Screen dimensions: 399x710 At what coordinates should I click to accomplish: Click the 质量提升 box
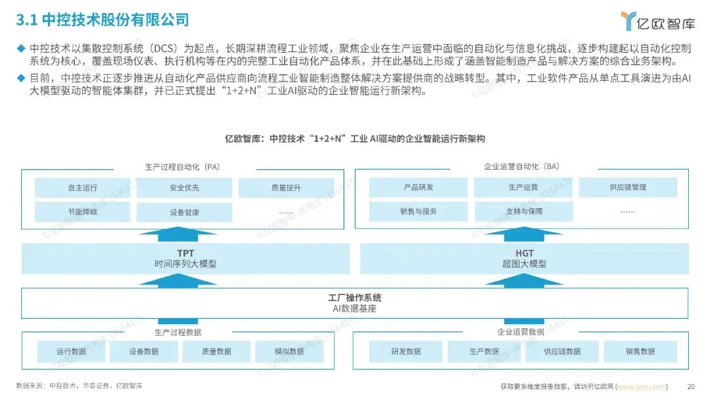(286, 187)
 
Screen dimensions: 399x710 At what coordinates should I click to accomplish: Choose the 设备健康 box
(183, 212)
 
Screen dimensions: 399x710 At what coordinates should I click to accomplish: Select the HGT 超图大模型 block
(524, 258)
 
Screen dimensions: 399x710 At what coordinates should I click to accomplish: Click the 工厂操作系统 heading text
(354, 298)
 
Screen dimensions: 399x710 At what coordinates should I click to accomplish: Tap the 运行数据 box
(71, 351)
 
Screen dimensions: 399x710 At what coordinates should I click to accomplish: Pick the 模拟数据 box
(289, 351)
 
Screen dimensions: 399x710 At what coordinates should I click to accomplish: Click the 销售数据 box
(640, 351)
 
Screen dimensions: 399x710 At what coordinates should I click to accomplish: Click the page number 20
(690, 386)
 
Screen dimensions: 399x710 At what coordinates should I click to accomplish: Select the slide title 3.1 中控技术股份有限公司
(103, 20)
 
